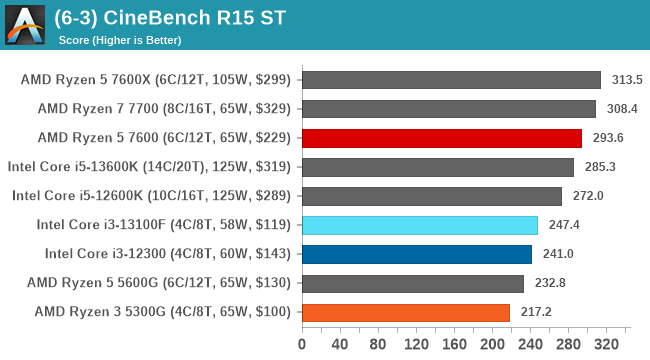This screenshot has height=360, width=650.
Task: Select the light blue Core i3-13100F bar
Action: tap(419, 225)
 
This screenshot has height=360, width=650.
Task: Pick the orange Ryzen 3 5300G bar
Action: tap(405, 312)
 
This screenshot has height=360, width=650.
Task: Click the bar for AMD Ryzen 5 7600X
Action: tap(451, 80)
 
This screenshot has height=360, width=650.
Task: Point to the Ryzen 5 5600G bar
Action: tap(412, 283)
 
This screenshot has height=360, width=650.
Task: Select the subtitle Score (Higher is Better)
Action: tap(124, 40)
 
